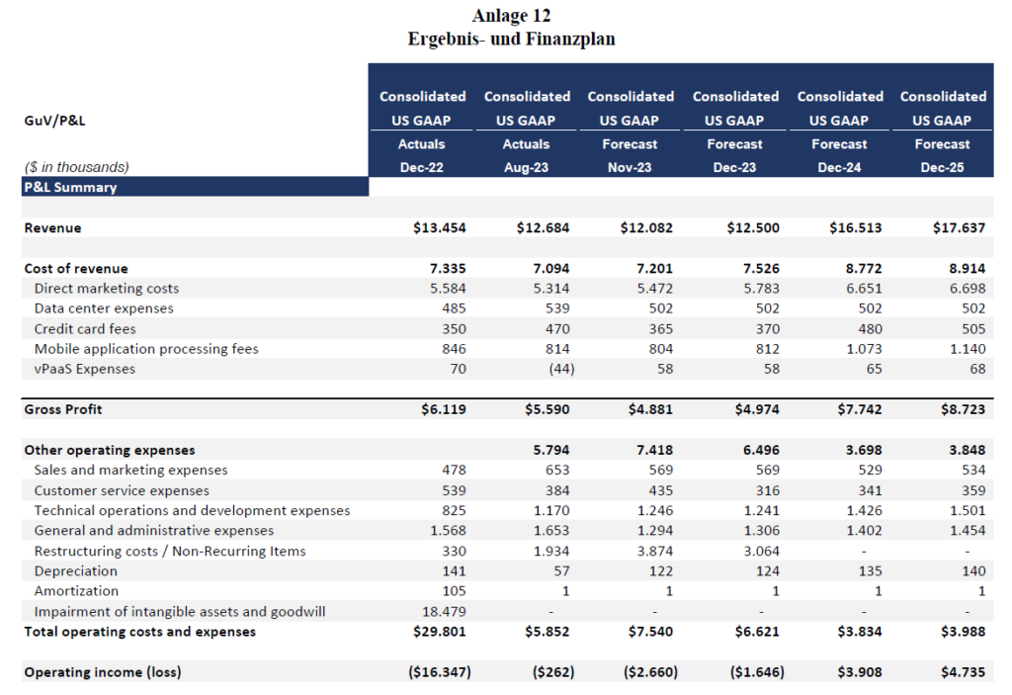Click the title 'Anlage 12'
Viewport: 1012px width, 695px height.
511,15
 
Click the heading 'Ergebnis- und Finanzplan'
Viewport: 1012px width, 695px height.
511,39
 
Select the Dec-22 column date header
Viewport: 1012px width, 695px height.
421,167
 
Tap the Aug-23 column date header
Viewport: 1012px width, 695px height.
526,167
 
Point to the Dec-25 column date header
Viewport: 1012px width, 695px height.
942,167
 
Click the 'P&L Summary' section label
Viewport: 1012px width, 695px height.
70,187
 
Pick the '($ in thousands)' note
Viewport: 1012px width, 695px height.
76,167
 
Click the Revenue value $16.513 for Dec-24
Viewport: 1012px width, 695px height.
855,228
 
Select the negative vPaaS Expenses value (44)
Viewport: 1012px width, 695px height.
561,369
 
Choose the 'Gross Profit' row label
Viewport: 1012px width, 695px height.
62,409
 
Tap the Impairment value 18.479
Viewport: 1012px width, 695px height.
444,612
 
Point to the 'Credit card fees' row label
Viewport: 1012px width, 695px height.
85,329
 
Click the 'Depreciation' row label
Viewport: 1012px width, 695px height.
75,571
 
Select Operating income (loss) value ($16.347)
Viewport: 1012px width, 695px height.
440,672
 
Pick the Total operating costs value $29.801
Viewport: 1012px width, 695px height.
440,632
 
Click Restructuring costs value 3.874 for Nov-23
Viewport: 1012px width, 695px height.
655,551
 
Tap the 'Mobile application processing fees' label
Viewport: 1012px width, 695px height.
146,349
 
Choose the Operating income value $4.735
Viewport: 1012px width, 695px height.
963,672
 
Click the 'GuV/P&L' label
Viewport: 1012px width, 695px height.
54,121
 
